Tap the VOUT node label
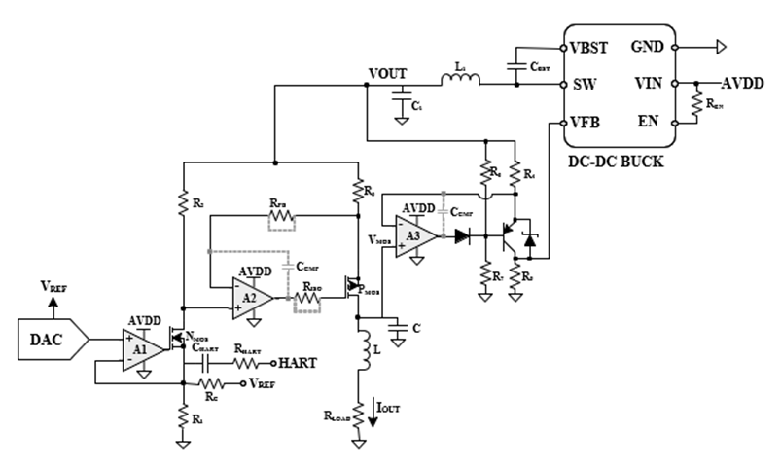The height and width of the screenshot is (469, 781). tap(389, 73)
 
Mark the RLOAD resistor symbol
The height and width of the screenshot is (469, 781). tap(359, 416)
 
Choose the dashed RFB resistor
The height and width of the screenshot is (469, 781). tap(280, 217)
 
